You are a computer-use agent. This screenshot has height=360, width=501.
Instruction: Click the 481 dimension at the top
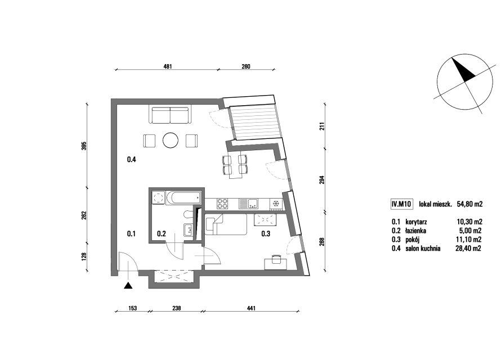(168, 66)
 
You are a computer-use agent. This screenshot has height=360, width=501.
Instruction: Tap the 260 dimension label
(246, 66)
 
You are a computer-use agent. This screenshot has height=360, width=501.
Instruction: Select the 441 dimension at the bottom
(252, 308)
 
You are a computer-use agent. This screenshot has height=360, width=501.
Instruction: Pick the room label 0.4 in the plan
(131, 160)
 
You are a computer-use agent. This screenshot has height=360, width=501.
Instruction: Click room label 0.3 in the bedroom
(266, 233)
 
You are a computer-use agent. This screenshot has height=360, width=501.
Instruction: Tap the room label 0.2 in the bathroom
(162, 233)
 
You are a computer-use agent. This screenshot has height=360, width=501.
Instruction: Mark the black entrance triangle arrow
(128, 286)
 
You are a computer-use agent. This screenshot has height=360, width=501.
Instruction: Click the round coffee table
(171, 140)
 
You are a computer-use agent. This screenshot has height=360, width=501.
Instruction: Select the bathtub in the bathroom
(183, 198)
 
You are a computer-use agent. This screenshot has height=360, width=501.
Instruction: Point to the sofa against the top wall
(171, 115)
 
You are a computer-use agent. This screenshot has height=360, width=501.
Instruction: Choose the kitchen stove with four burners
(223, 203)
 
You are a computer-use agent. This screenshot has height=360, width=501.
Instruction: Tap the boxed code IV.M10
(401, 204)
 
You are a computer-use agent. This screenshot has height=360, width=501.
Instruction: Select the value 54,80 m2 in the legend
(469, 204)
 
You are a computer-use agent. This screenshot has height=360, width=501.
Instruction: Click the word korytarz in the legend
(416, 222)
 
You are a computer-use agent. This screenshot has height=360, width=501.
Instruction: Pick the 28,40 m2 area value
(468, 248)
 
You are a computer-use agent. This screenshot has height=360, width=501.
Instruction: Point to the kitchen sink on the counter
(249, 203)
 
